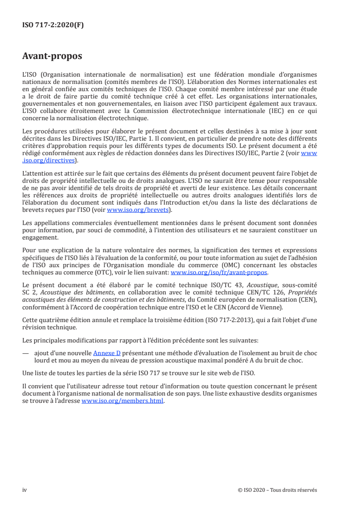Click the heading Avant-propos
52,56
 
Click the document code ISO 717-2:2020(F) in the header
53,25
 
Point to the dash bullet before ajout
25,352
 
